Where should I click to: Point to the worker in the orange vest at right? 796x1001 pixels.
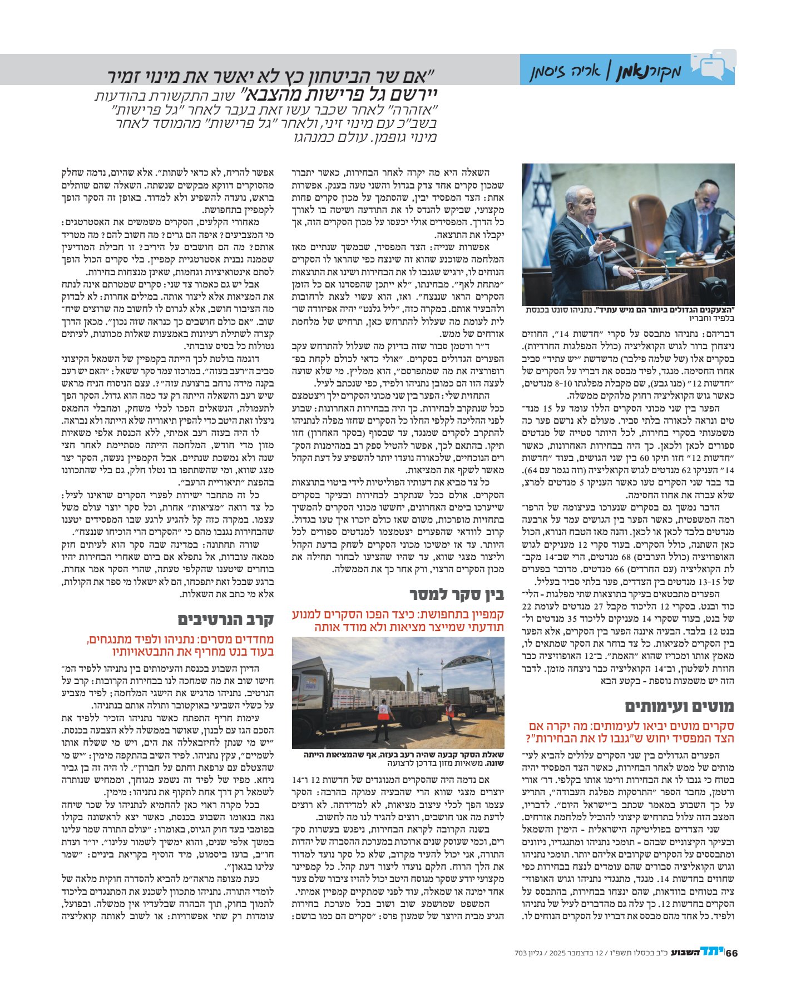tap(448, 716)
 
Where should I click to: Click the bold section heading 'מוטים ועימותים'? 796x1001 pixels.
tap(679, 707)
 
